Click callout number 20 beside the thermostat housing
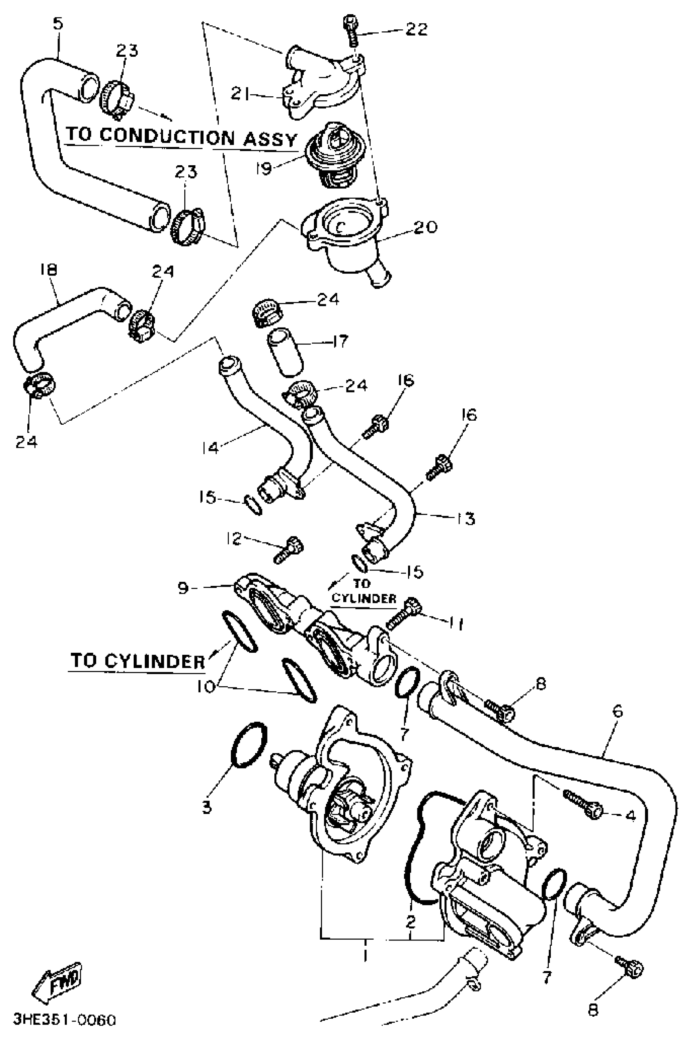(425, 227)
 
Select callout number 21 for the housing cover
(241, 94)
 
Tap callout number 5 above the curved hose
(58, 23)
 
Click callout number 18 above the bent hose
(49, 270)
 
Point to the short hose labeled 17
(285, 354)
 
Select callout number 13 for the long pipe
(466, 518)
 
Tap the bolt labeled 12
(289, 549)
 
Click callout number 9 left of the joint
(183, 588)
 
